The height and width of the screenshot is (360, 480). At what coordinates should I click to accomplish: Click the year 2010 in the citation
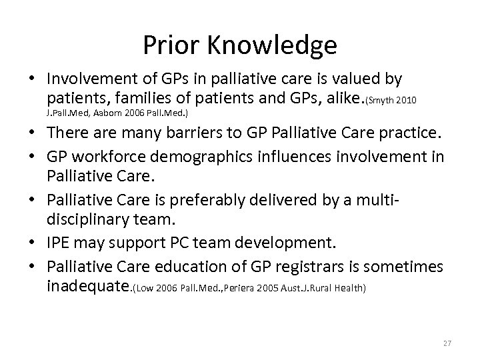(408, 101)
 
